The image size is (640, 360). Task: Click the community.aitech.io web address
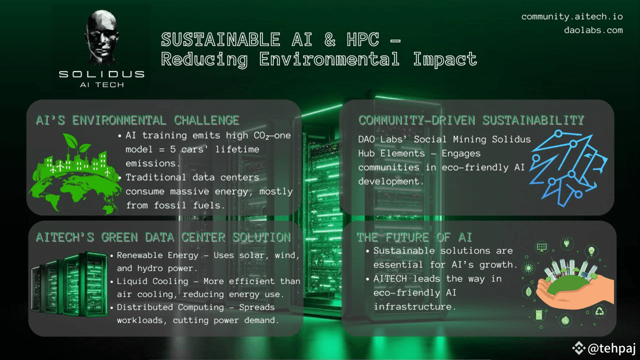[x=572, y=17]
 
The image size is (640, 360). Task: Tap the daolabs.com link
[x=593, y=30]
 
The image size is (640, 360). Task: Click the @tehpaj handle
[x=611, y=348]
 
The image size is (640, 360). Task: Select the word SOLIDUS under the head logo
[x=101, y=74]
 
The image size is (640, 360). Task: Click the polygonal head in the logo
[x=102, y=36]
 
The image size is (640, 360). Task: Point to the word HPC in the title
[x=363, y=39]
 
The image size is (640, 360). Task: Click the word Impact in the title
[x=445, y=59]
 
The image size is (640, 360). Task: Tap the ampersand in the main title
[x=330, y=39]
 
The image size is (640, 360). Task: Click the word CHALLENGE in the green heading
[x=206, y=120]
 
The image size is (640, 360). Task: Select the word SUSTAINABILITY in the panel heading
[x=533, y=120]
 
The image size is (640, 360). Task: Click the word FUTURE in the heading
[x=407, y=237]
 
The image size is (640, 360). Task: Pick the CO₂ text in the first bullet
[x=261, y=135]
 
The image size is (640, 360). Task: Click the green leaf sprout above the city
[x=75, y=144]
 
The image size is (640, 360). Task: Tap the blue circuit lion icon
[x=568, y=168]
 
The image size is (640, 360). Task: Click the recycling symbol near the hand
[x=599, y=311]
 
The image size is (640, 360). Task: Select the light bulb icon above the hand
[x=591, y=251]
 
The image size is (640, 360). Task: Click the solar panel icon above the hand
[x=542, y=247]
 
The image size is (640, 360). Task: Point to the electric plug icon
[x=566, y=243]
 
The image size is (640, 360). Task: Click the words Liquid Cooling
[x=152, y=281]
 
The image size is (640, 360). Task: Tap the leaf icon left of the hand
[x=528, y=292]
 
